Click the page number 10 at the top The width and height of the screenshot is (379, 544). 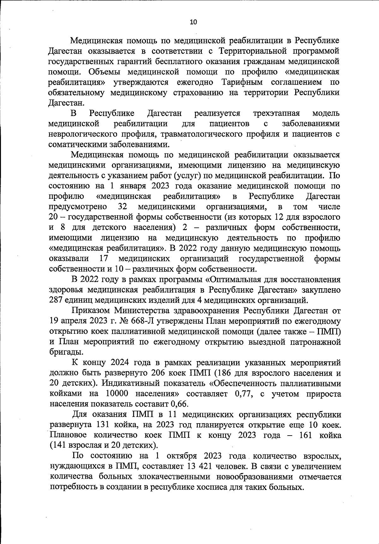click(193, 22)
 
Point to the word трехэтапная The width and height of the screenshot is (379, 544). click(276, 113)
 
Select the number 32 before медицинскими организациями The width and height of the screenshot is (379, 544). click(122, 207)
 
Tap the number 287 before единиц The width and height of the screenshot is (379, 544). click(57, 300)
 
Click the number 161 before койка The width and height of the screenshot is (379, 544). click(303, 435)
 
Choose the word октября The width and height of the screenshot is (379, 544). click(182, 456)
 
